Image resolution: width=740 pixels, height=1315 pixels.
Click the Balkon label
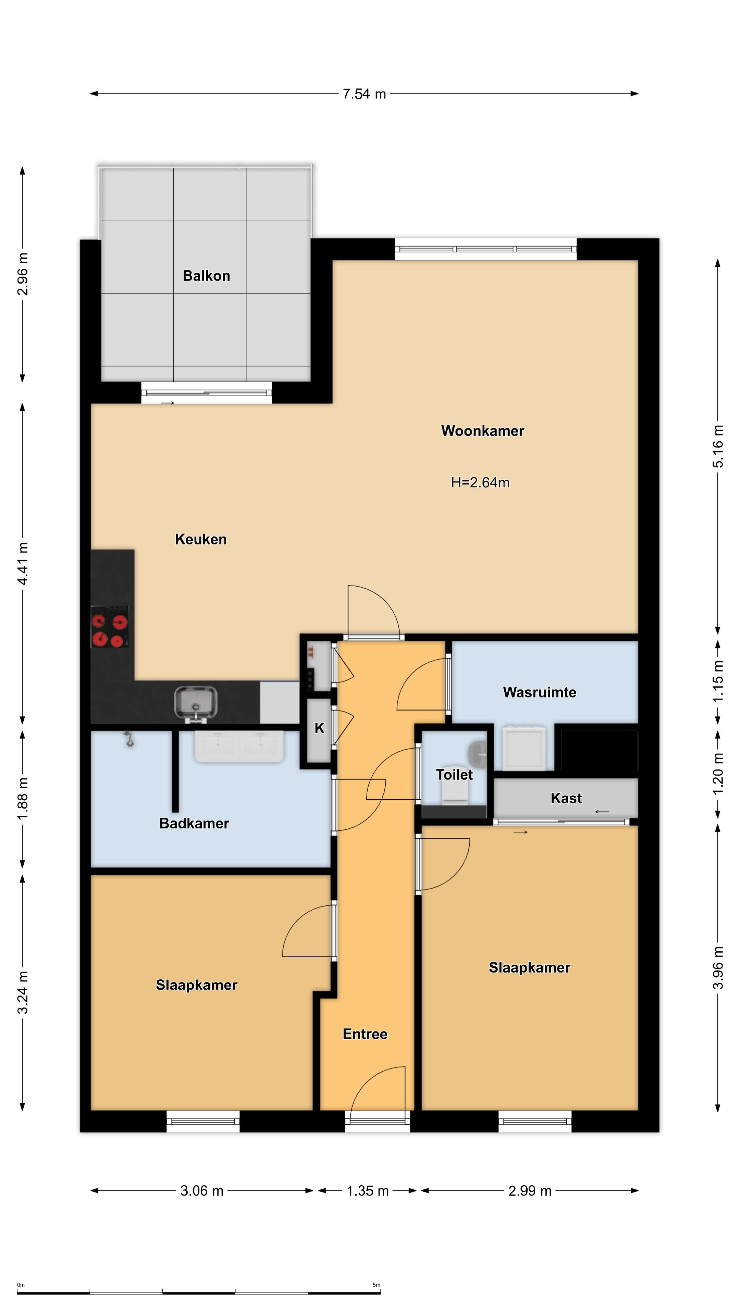[x=206, y=276]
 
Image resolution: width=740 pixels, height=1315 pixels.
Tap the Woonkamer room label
[x=483, y=431]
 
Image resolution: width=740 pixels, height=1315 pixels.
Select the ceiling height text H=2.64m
[x=480, y=483]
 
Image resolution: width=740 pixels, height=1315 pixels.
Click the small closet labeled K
[x=320, y=728]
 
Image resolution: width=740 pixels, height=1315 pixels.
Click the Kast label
[x=566, y=798]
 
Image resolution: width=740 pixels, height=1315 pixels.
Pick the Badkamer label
[x=194, y=823]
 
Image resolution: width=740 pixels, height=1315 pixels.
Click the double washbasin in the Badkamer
[x=239, y=746]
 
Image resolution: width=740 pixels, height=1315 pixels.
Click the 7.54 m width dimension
[x=364, y=94]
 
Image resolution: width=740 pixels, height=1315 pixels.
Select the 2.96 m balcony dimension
[x=23, y=274]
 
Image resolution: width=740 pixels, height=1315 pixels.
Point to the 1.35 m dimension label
[x=368, y=1191]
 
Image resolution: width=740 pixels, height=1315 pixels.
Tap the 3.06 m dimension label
[x=202, y=1191]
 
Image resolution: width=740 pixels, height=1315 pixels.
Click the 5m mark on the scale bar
[x=377, y=1285]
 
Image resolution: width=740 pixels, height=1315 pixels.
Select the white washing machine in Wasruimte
[x=524, y=748]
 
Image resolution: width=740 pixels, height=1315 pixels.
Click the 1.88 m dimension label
[x=23, y=799]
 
